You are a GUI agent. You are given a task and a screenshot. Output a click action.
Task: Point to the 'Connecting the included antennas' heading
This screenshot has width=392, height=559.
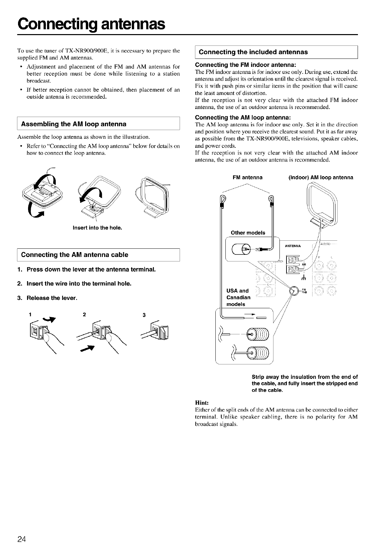point(253,52)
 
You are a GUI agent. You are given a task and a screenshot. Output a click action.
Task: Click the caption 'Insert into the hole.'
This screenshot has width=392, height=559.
point(97,228)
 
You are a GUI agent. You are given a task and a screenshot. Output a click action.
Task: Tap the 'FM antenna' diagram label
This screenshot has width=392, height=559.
point(247,177)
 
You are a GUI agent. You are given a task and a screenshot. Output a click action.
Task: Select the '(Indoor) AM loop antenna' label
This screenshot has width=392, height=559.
point(321,177)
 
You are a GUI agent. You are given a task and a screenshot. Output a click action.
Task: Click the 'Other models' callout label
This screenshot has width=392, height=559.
point(248,233)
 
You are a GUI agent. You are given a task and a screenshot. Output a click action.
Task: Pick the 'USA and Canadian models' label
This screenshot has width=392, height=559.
point(238,297)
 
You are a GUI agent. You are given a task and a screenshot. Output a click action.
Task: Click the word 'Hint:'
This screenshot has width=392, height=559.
point(202,403)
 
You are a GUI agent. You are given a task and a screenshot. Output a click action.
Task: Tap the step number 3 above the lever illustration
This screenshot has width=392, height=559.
point(144,315)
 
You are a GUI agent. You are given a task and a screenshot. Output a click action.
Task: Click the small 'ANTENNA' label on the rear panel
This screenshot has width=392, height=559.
point(293,246)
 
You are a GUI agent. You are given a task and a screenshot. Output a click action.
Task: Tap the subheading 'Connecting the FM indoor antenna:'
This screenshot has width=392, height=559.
point(246,65)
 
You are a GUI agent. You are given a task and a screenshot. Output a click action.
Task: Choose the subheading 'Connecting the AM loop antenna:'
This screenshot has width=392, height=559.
point(243,117)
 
